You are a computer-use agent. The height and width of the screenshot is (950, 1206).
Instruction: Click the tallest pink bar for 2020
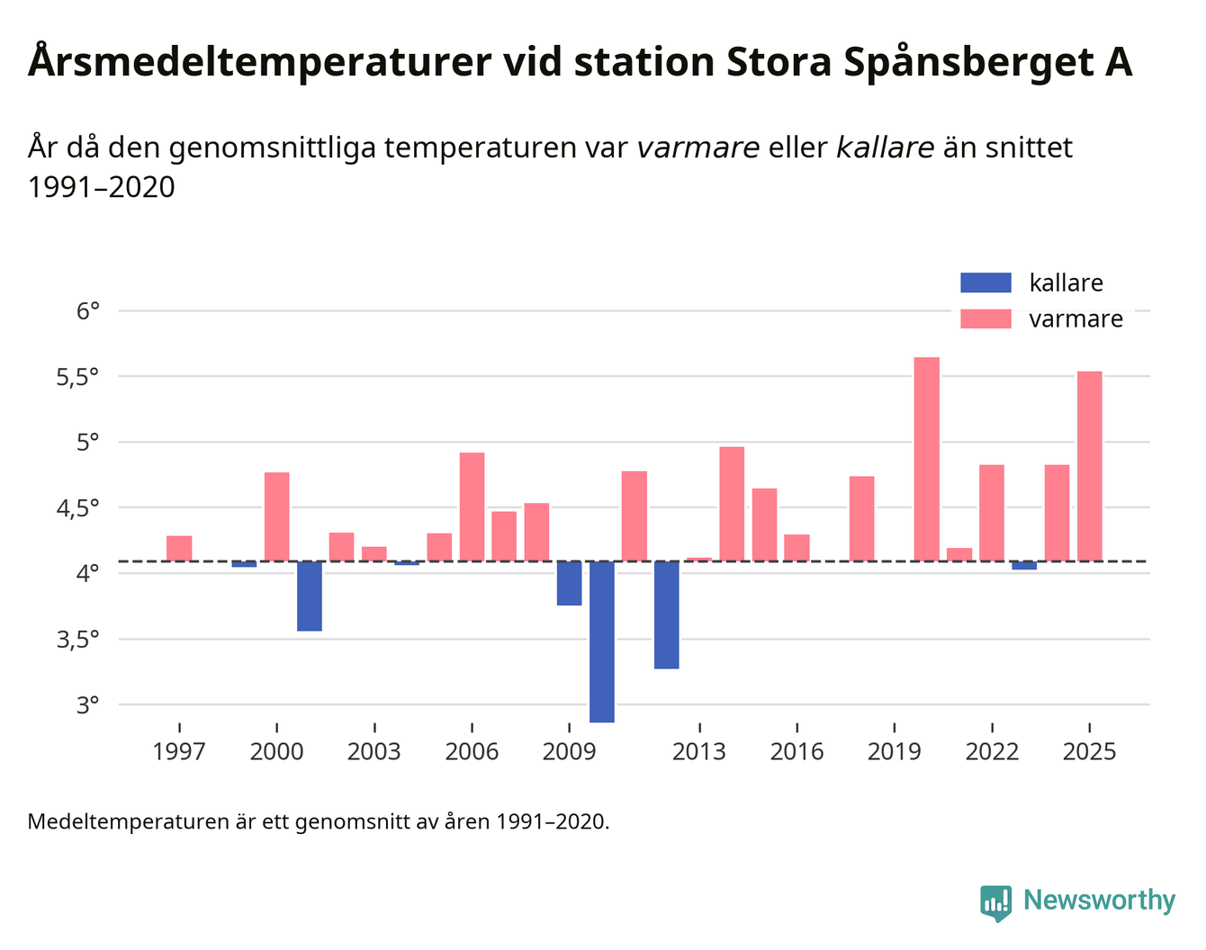point(926,459)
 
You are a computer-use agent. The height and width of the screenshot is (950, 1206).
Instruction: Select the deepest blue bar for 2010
point(602,641)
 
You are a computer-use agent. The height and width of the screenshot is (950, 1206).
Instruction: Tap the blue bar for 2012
point(666,614)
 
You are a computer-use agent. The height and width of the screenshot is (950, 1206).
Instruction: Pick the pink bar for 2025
point(1089,466)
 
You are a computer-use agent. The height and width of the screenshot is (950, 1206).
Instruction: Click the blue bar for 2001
point(310,596)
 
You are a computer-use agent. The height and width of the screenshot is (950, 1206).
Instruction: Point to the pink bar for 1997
point(179,548)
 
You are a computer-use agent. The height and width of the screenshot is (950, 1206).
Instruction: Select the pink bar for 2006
point(472,506)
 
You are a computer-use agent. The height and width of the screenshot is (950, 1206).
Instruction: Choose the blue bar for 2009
point(569,583)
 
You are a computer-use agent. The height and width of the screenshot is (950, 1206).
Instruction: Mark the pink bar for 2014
point(732,504)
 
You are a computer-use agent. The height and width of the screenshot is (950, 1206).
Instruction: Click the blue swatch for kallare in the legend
point(985,282)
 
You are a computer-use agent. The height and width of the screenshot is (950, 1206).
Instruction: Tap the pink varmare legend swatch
point(985,319)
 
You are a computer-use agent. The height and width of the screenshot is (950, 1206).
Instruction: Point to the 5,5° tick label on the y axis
point(77,377)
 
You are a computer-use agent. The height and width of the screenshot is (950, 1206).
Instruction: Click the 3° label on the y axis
point(87,705)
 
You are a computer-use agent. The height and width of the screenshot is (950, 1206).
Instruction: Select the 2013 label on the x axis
point(698,752)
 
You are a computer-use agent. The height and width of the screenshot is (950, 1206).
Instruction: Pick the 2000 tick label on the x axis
point(276,752)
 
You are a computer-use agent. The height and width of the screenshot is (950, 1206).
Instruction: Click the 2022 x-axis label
point(992,752)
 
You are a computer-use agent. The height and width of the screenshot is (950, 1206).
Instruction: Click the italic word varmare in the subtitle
point(697,148)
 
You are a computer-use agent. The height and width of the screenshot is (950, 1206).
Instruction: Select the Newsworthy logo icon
point(995,902)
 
